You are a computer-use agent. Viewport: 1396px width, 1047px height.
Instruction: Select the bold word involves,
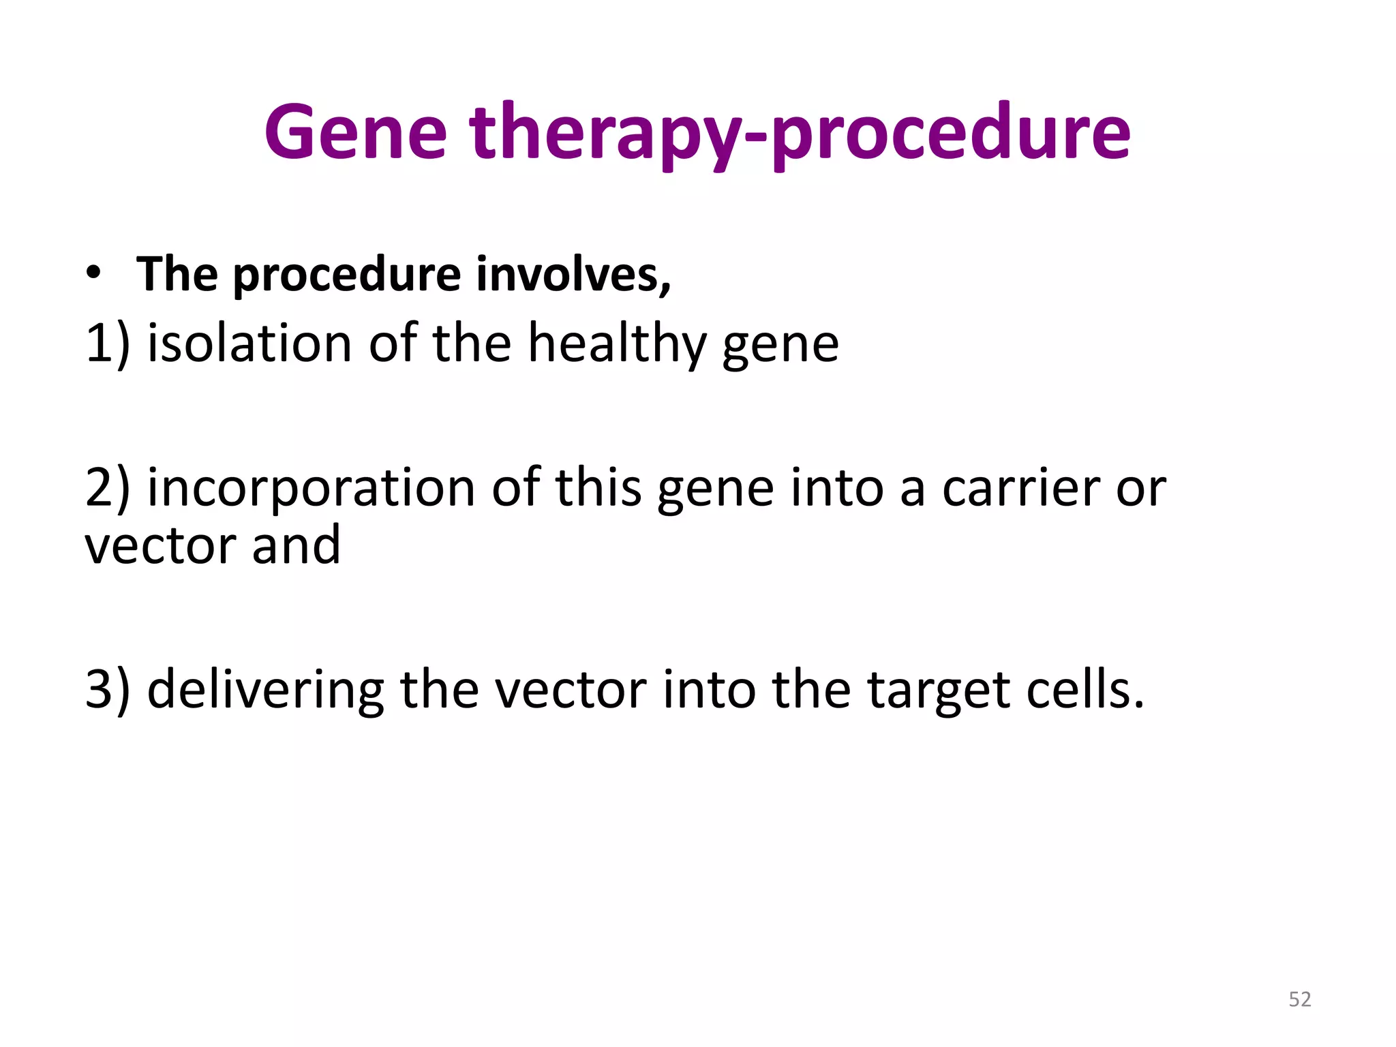pos(573,274)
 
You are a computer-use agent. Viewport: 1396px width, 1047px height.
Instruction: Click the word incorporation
pos(311,488)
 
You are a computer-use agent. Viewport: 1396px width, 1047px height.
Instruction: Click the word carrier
pos(1020,488)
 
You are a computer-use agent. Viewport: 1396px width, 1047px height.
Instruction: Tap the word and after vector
pos(296,545)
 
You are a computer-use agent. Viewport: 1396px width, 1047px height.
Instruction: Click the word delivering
pos(265,690)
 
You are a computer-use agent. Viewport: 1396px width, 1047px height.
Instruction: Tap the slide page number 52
pos(1299,999)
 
